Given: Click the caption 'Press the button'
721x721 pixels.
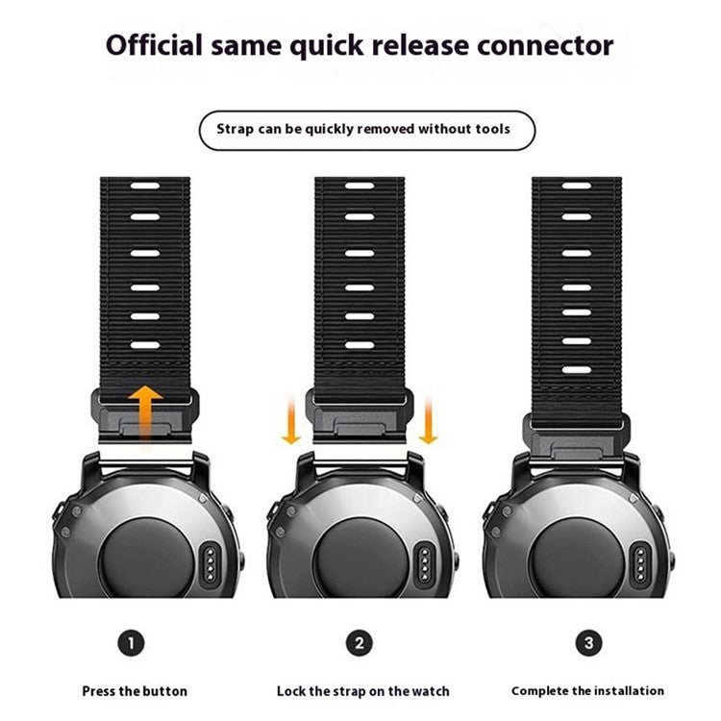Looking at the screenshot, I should tap(135, 690).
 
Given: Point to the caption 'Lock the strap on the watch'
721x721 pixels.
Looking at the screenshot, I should tap(362, 690).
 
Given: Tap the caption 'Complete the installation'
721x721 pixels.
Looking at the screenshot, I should tap(587, 690).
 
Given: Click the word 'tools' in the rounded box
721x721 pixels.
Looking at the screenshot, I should tap(487, 128).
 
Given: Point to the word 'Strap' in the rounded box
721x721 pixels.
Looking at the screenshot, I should tap(236, 128).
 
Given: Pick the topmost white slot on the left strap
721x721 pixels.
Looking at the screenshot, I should tap(144, 186).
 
